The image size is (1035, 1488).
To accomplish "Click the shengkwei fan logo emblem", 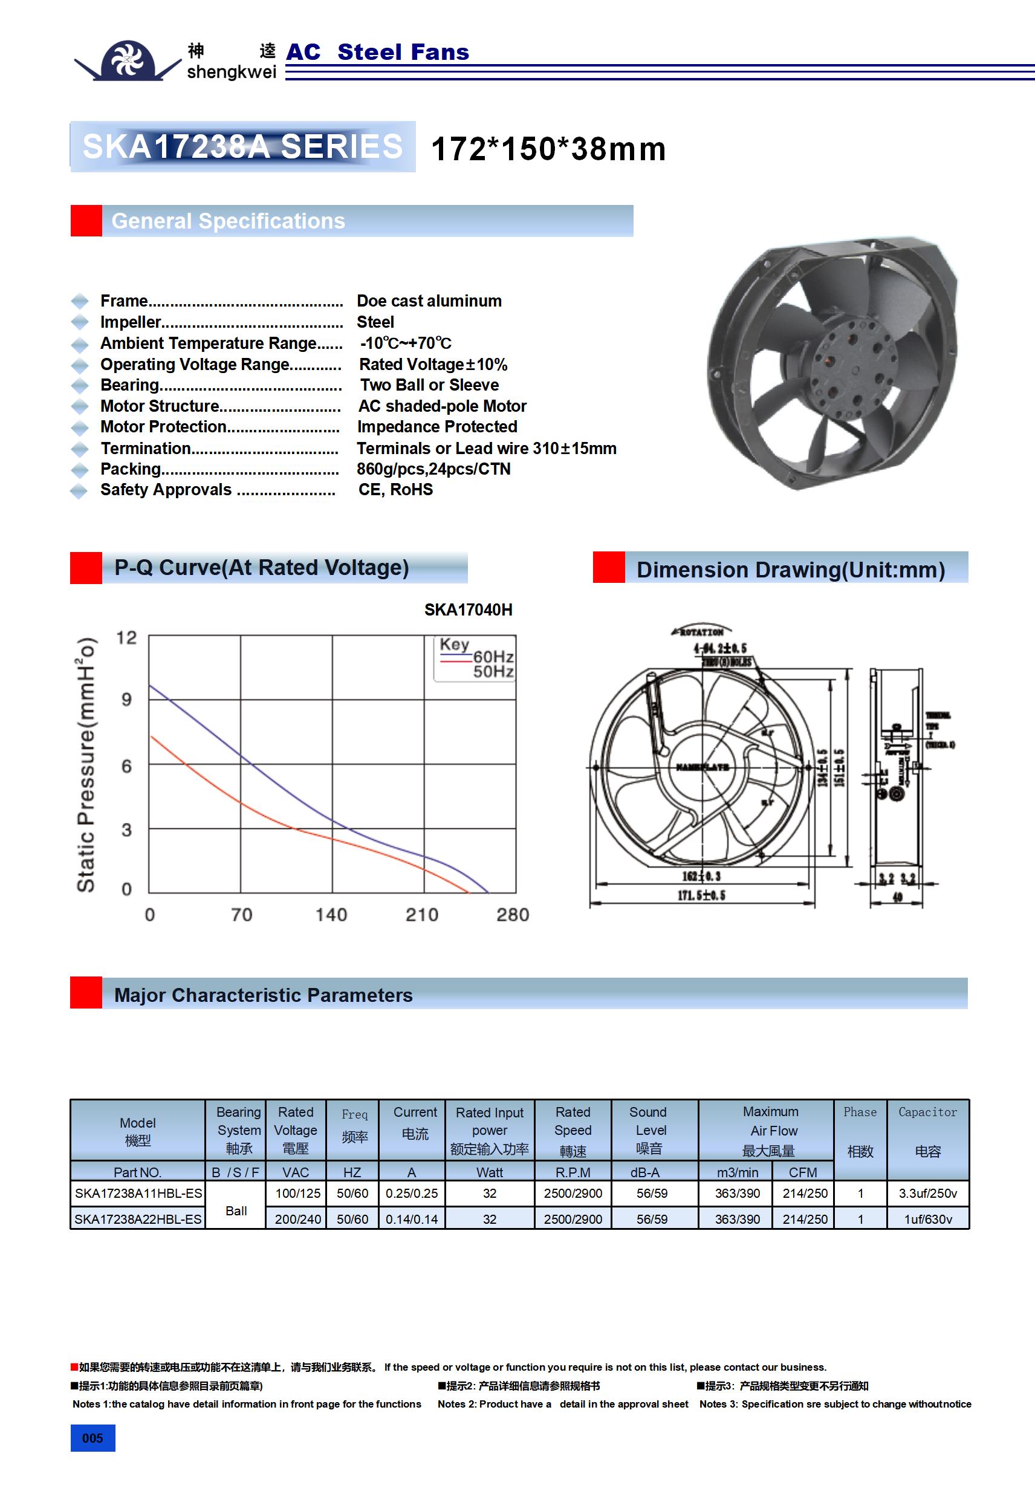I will point(128,60).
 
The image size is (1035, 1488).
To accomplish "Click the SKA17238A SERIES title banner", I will point(242,146).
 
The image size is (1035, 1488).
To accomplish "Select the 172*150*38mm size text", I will point(548,149).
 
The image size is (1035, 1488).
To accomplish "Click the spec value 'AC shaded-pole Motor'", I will point(442,406).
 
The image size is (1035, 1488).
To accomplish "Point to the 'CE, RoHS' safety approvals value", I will point(395,490).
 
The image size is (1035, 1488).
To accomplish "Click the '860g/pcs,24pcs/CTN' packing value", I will point(433,469).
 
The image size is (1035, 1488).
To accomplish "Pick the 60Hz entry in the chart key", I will point(493,657).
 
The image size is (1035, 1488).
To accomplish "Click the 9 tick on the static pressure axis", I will point(126,700).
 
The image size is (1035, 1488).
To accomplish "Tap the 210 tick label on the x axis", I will point(422,915).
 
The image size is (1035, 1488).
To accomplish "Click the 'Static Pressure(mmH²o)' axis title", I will point(86,765).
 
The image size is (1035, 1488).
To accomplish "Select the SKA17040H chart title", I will point(468,610).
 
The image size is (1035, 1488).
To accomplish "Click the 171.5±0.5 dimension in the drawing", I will point(701,895).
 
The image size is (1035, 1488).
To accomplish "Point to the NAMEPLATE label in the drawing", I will point(702,767).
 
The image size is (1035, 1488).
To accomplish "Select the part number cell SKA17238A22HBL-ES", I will point(138,1219).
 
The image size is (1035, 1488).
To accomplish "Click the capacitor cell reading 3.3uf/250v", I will point(927,1193).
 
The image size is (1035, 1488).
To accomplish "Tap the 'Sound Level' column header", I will point(649,1130).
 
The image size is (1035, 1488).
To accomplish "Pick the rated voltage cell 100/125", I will point(297,1193).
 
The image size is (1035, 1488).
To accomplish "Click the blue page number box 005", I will point(92,1438).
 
